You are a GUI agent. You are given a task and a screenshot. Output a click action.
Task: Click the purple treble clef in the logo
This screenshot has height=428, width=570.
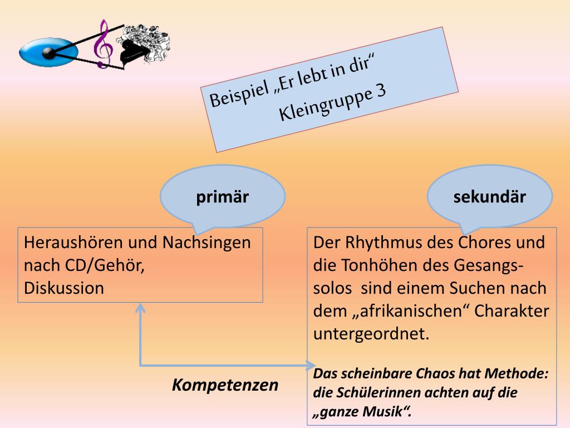(102, 45)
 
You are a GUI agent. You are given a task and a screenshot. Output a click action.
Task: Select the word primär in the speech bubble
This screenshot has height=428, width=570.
(222, 197)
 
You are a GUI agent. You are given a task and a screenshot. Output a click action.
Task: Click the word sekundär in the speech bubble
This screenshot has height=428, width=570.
(489, 197)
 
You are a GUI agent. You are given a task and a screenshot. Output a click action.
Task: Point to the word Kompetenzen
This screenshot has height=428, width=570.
(225, 385)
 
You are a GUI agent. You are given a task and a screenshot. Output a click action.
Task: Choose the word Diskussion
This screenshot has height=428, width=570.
(64, 288)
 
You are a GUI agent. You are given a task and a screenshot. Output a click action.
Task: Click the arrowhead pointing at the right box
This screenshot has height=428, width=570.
(309, 366)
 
